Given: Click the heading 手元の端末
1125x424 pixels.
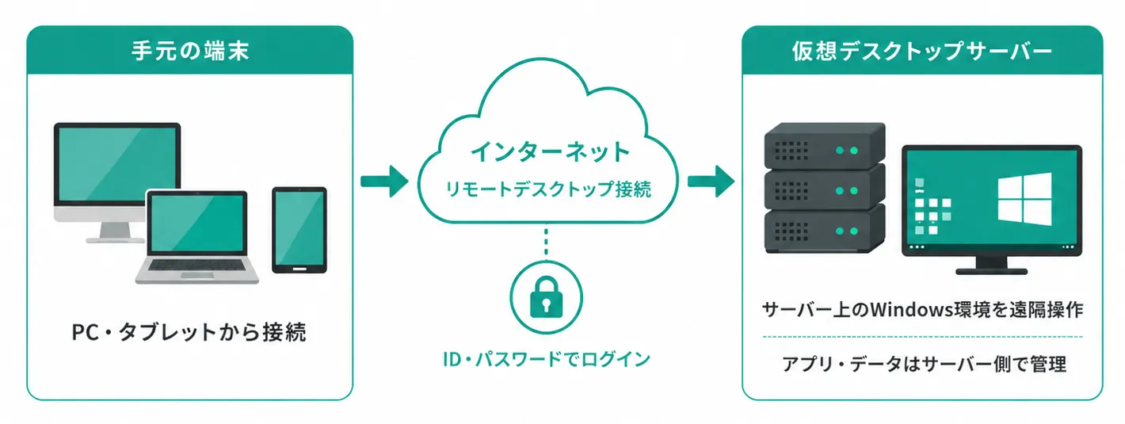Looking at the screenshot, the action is [x=190, y=51].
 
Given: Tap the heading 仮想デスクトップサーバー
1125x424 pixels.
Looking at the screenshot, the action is [x=921, y=51].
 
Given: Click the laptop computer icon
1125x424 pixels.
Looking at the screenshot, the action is [x=196, y=237].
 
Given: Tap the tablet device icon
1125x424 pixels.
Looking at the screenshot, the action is [x=299, y=230].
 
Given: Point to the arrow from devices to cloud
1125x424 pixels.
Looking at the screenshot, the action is [x=385, y=181].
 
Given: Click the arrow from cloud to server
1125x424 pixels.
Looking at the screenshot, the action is [x=711, y=181].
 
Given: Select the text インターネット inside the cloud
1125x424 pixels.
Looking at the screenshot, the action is [x=549, y=151].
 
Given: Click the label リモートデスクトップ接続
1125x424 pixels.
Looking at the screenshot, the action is [x=548, y=189].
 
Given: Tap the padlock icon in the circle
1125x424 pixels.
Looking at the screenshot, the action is [x=547, y=297].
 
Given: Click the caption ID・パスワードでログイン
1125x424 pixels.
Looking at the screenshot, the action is [x=547, y=359].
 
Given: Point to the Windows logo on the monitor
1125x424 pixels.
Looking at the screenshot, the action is [x=1024, y=199].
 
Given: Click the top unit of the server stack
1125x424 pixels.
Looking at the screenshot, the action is [x=825, y=146].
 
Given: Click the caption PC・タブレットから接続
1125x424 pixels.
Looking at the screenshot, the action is [x=189, y=332].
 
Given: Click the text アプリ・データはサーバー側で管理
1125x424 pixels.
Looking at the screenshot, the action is [x=923, y=364].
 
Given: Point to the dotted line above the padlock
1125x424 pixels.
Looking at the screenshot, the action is [x=547, y=243].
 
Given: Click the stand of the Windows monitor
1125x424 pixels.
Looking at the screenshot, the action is [x=991, y=265].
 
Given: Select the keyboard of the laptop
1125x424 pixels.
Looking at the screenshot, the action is [x=196, y=265].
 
